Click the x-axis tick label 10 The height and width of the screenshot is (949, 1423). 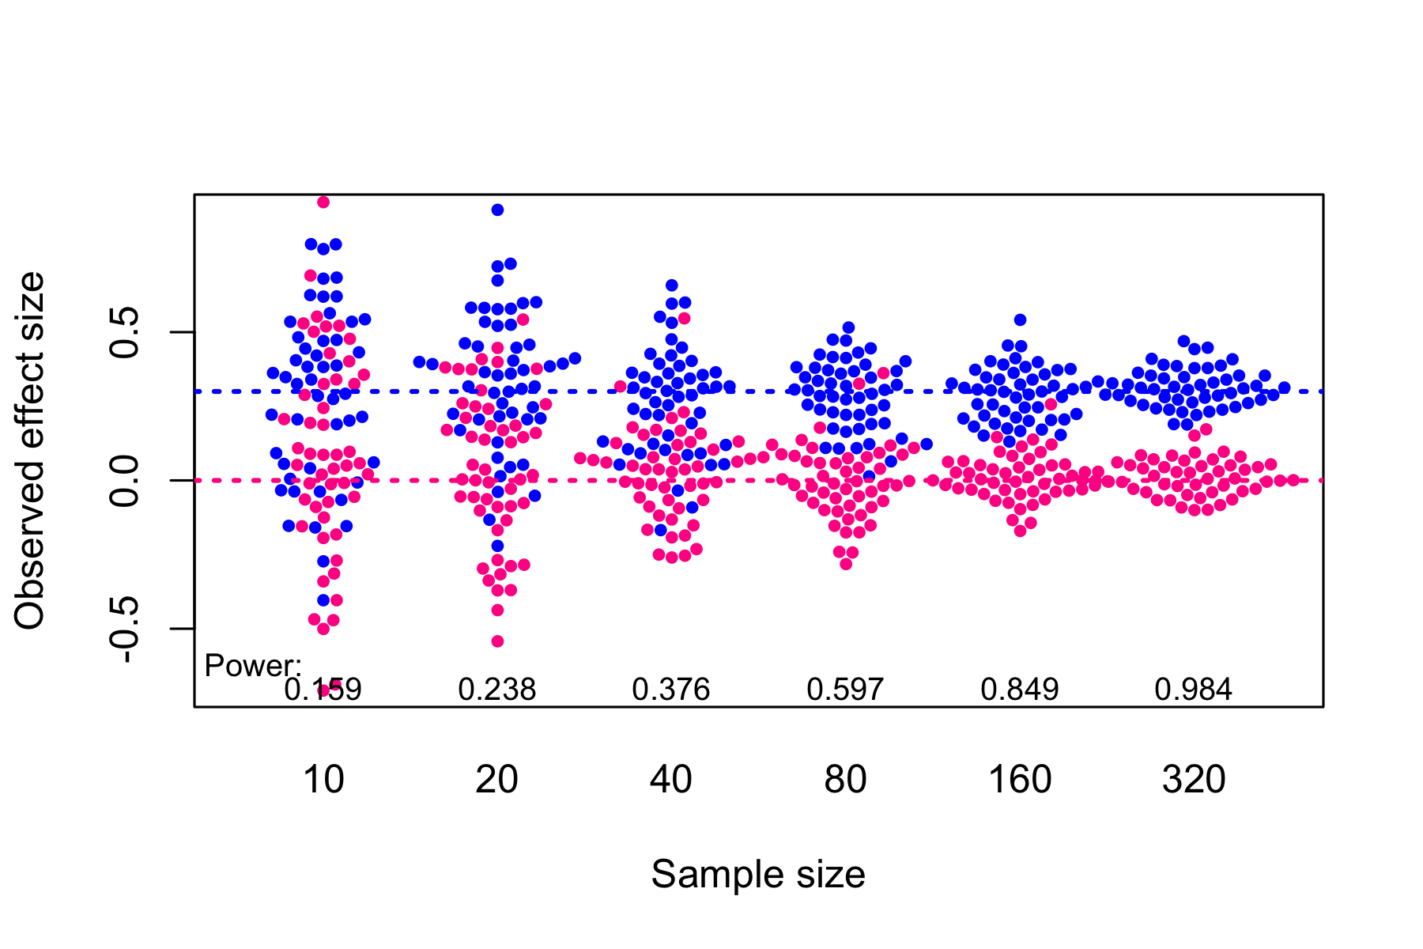[323, 781]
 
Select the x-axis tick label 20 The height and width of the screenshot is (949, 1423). [497, 781]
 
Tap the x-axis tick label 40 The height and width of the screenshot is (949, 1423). [671, 781]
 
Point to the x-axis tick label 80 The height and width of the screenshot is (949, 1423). [845, 781]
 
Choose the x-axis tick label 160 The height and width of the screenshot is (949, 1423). [1020, 781]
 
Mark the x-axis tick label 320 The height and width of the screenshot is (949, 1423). [1194, 781]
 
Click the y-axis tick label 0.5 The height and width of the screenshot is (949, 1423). [125, 332]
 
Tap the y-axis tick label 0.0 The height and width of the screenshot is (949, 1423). [125, 480]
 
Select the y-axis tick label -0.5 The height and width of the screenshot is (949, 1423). [125, 630]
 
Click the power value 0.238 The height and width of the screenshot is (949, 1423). [497, 690]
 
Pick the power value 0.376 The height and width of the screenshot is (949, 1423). [671, 690]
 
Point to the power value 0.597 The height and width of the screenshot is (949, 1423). [845, 690]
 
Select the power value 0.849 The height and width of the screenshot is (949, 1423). [1020, 690]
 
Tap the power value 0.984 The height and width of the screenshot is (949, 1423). [1194, 690]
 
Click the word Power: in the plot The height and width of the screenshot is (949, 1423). [253, 666]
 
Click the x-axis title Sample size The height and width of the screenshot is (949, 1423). [758, 875]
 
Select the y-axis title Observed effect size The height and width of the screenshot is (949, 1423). [30, 451]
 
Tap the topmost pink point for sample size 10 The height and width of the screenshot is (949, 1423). [323, 202]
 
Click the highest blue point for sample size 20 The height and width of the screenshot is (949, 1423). [497, 210]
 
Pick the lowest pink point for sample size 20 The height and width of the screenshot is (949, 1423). [497, 641]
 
